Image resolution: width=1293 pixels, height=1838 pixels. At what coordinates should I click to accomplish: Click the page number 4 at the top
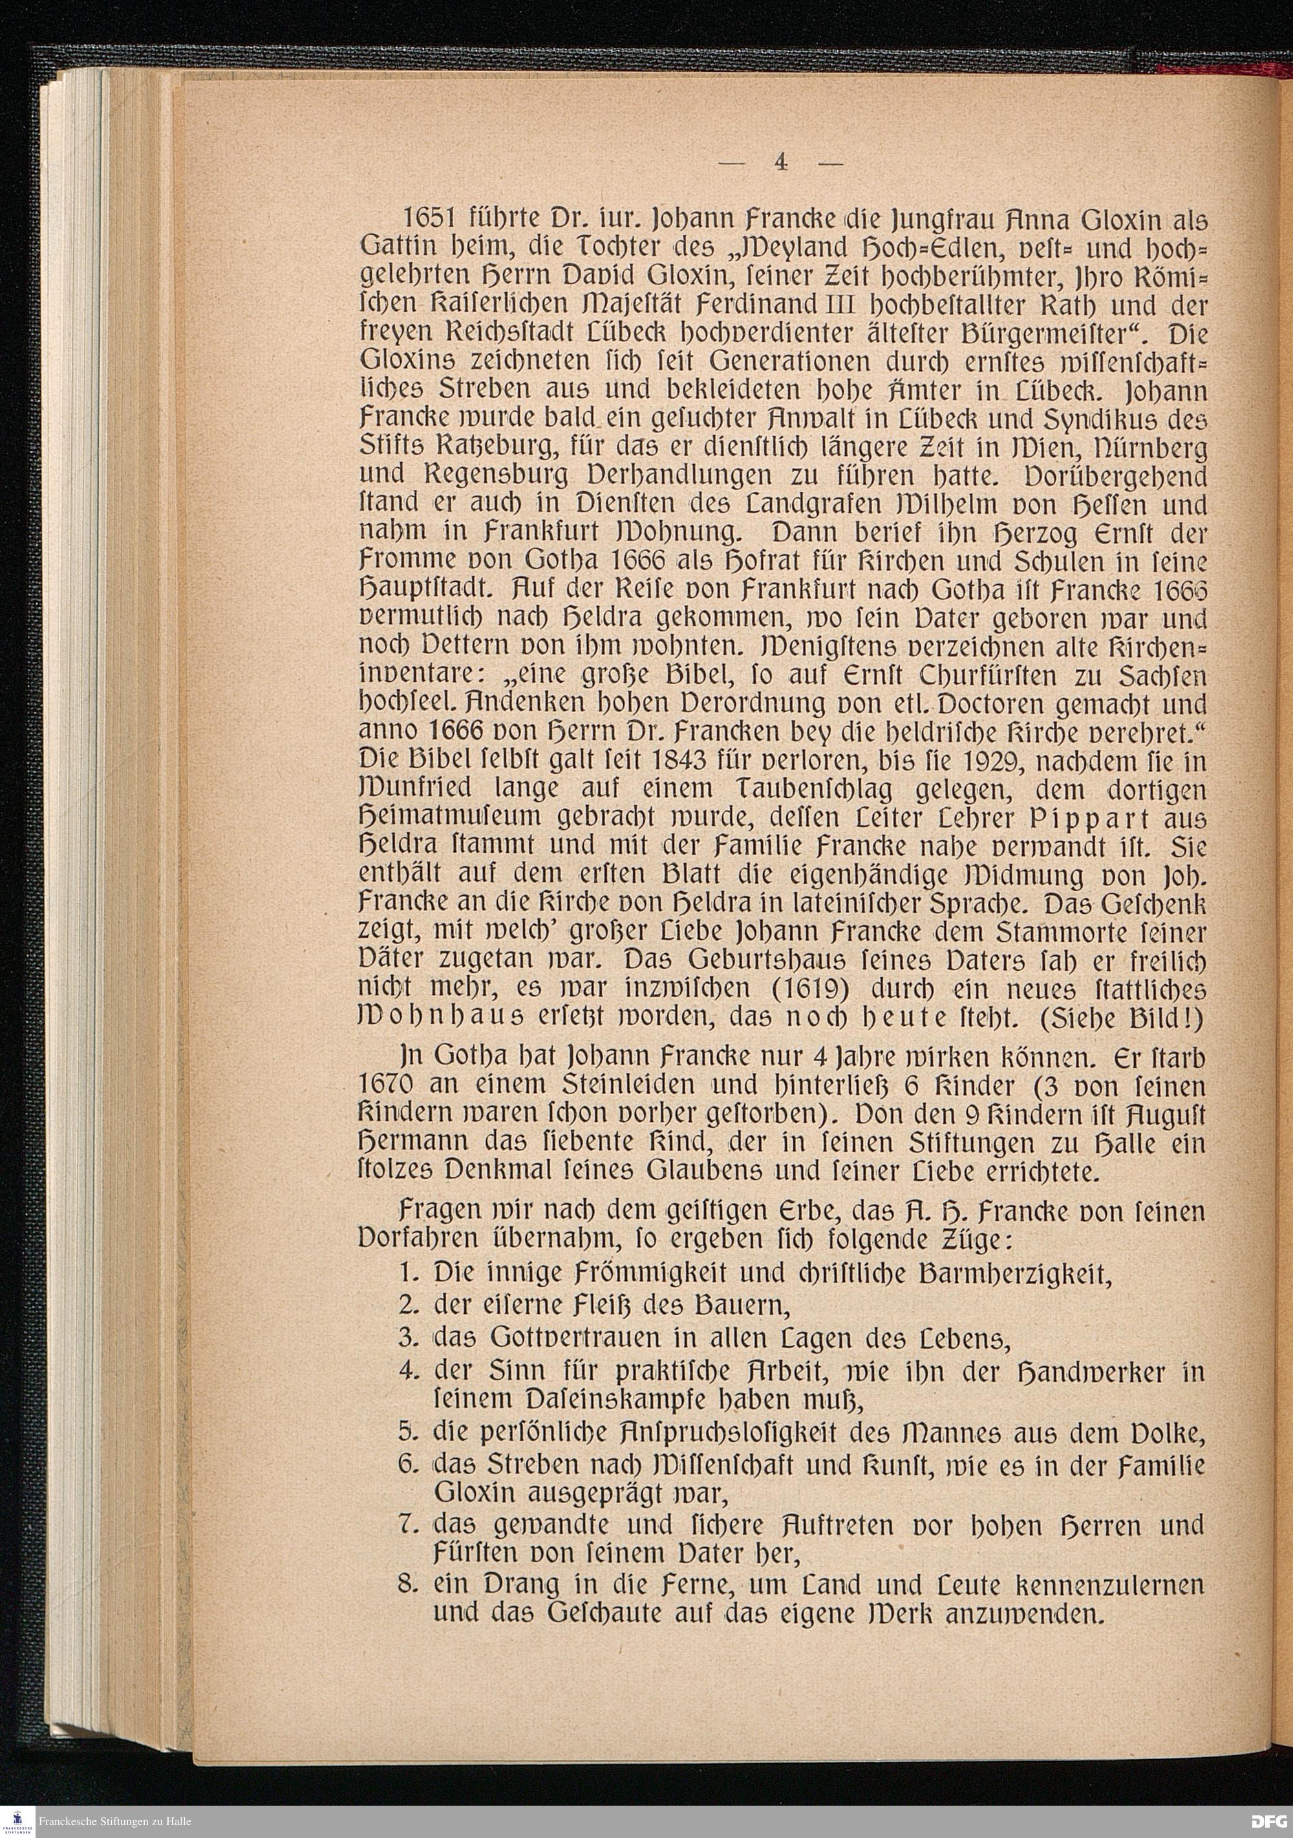(780, 162)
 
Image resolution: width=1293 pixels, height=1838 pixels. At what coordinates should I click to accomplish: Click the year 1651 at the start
(430, 219)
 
